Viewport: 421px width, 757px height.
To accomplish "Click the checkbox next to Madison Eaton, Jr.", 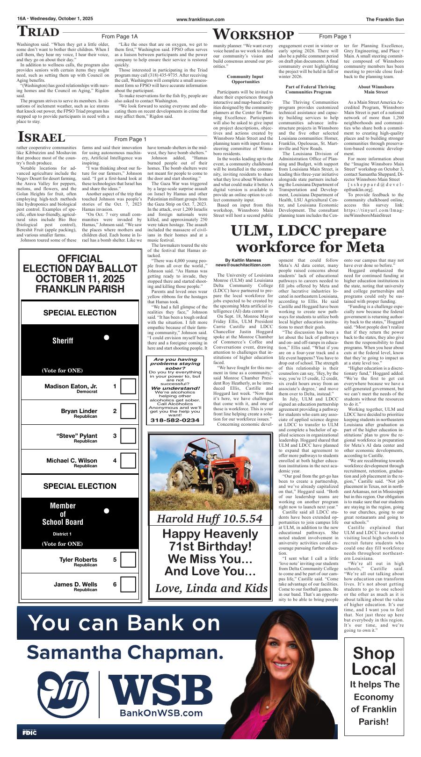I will (128, 386).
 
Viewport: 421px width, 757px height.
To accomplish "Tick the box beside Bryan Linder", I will (128, 411).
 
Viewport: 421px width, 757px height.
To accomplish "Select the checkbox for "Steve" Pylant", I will (128, 436).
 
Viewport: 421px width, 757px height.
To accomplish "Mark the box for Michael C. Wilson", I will (128, 461).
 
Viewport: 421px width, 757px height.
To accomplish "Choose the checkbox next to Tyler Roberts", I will (128, 560).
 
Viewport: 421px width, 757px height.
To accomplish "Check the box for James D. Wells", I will (128, 585).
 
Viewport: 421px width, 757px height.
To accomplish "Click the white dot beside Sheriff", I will (107, 337).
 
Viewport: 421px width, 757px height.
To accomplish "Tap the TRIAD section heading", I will (38, 32).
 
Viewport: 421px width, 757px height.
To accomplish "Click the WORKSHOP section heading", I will (254, 35).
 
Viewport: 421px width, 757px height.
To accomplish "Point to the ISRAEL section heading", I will (41, 137).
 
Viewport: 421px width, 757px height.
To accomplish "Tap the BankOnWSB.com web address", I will (161, 713).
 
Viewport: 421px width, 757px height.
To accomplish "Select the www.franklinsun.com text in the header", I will (200, 19).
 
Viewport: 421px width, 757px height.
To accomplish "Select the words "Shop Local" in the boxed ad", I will (373, 661).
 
